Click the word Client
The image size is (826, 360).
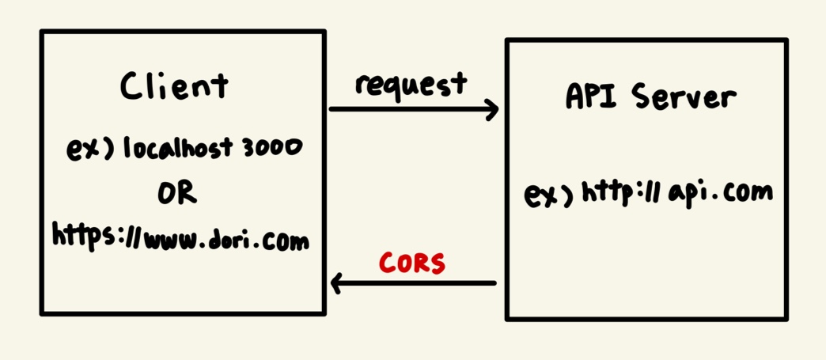[174, 85]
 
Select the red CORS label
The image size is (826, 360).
[412, 263]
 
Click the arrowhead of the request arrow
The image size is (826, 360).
[493, 109]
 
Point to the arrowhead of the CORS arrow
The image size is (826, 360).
[336, 282]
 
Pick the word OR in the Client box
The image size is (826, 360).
[177, 192]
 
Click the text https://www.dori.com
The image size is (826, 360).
[180, 237]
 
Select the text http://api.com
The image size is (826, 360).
[676, 192]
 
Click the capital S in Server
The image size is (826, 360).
[642, 97]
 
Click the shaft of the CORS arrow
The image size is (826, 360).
[419, 282]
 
